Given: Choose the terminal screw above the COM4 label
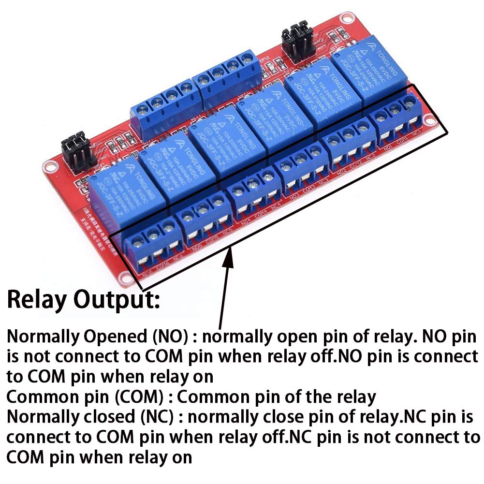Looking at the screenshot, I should pos(253,183).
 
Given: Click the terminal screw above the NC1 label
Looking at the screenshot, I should pos(409,101).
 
